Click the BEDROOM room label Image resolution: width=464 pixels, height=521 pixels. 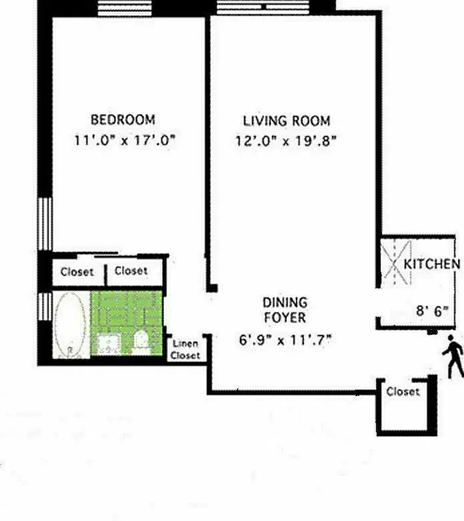click(x=122, y=120)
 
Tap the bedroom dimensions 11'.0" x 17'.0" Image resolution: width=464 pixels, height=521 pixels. click(x=126, y=139)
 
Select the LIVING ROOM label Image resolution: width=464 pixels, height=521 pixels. click(x=286, y=120)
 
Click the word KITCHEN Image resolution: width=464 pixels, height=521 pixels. click(x=432, y=264)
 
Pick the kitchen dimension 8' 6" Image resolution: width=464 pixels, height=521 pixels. click(x=433, y=311)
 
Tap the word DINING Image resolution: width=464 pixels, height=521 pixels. click(x=285, y=303)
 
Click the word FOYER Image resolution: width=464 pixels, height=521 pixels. click(x=285, y=318)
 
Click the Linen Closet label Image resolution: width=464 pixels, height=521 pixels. click(x=185, y=350)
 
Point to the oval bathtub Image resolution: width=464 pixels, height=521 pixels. click(x=70, y=324)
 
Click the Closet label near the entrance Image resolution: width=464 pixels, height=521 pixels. click(x=403, y=392)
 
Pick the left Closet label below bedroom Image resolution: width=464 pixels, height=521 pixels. click(x=77, y=272)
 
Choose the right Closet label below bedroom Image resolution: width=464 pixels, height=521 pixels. click(x=131, y=271)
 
